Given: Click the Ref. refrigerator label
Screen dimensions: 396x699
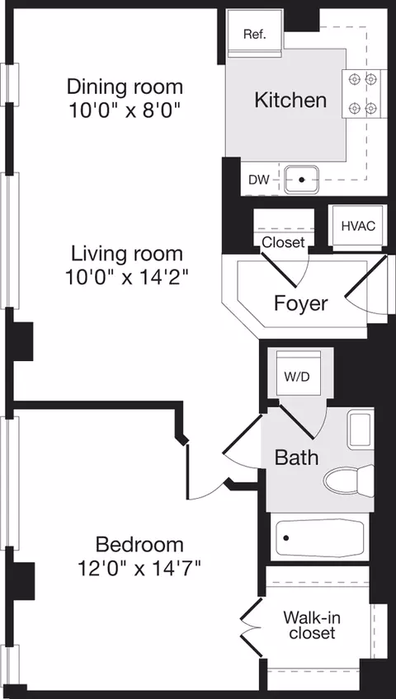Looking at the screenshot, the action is (x=255, y=35).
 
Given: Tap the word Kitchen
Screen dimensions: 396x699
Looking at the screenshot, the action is (x=290, y=101).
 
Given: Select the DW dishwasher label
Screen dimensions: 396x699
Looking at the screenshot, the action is (x=259, y=180).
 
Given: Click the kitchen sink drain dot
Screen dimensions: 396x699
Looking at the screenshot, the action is (x=301, y=180).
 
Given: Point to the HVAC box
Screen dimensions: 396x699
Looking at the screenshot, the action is (x=358, y=226).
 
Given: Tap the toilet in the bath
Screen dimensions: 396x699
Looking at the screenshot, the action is (x=349, y=481).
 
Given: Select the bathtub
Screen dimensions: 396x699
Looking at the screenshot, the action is (x=320, y=537).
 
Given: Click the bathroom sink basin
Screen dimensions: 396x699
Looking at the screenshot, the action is (x=361, y=430).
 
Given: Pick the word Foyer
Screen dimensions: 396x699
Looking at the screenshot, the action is (x=300, y=303).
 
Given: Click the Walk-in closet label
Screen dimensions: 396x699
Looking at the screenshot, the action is (x=312, y=625).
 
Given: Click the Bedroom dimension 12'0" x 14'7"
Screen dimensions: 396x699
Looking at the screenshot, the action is (x=139, y=569).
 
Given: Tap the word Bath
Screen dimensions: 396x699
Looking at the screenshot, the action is (x=296, y=457).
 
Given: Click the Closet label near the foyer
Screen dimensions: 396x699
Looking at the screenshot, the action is (x=283, y=242).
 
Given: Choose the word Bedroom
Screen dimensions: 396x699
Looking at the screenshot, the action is (x=139, y=545).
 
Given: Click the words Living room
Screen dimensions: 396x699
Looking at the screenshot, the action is (x=127, y=254).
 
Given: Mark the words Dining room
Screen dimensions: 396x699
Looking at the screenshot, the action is (x=125, y=87).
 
